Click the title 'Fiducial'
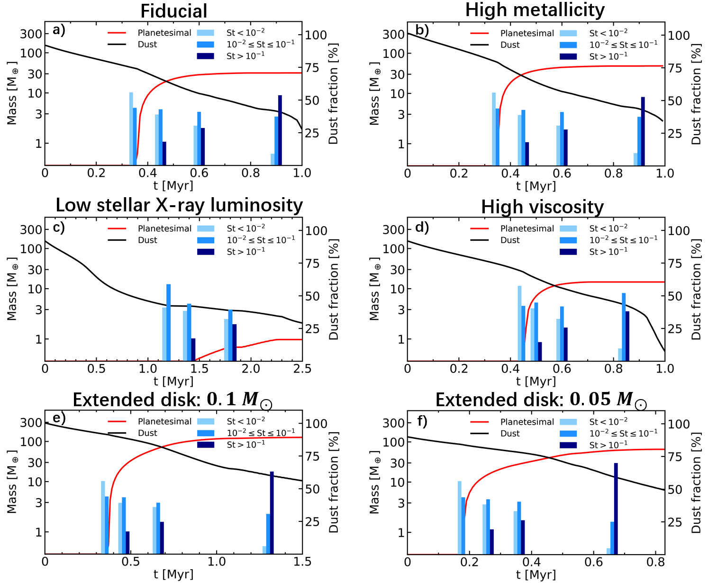(174, 11)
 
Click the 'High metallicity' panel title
(535, 10)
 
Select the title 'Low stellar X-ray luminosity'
(179, 205)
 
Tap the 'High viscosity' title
(542, 207)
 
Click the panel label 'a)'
(59, 30)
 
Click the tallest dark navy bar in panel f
(616, 508)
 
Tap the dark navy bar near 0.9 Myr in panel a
(280, 130)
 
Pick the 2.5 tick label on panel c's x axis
(302, 369)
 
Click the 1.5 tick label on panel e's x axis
(302, 562)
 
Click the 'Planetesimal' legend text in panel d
(527, 228)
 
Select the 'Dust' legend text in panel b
(510, 45)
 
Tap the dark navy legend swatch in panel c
(205, 252)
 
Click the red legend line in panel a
(117, 33)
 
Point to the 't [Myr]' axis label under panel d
(536, 381)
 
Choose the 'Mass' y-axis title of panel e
(12, 482)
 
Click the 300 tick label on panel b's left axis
(393, 35)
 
